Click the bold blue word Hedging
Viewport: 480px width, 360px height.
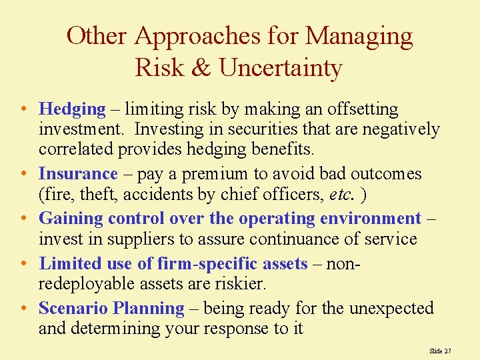click(x=72, y=109)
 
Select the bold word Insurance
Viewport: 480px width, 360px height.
click(x=78, y=174)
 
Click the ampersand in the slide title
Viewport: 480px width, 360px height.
click(x=201, y=67)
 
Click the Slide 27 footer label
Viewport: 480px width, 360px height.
click(x=440, y=350)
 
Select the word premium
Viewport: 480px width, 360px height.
click(x=223, y=174)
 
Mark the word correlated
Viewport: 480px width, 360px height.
click(x=77, y=149)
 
